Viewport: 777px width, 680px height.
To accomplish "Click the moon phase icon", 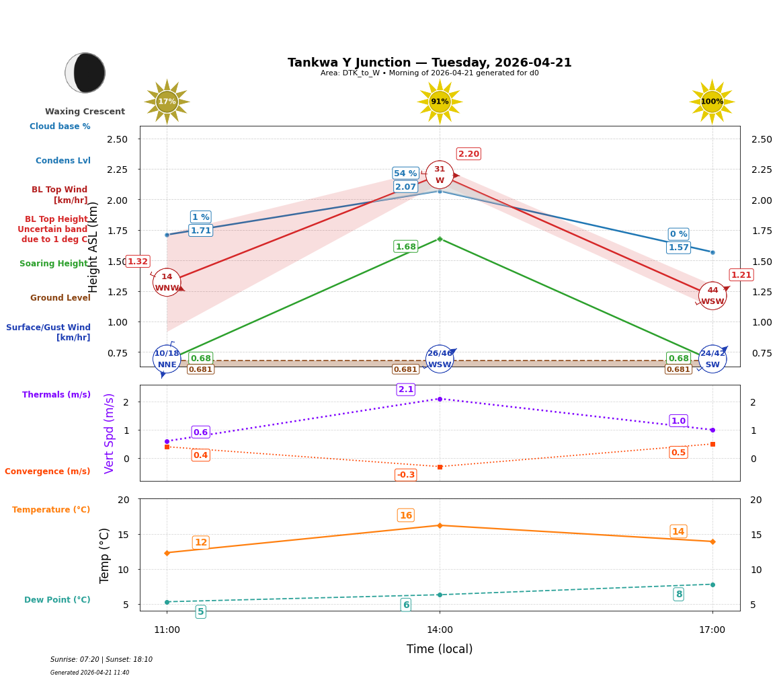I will pos(85,73).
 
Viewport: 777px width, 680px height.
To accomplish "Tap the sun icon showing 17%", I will pos(167,102).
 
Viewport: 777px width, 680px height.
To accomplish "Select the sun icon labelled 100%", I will pos(712,102).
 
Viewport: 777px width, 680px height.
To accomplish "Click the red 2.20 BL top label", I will pos(468,154).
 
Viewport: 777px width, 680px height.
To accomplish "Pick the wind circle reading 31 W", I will pos(440,175).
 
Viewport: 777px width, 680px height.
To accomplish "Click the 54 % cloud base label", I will pos(405,174).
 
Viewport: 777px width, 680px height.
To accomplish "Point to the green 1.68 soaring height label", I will pos(405,247).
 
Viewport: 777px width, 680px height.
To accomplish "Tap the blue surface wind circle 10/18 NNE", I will pos(167,358).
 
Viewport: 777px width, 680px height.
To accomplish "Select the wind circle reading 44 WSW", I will pos(712,295).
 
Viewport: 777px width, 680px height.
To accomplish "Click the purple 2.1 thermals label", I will pos(406,389).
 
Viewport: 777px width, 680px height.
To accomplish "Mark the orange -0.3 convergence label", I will pos(406,475).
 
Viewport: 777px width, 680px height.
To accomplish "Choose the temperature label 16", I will pos(406,516).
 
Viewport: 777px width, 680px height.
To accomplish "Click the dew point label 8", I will pos(679,594).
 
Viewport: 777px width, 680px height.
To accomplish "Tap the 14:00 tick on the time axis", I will pos(440,630).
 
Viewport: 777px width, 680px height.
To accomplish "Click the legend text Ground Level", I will pos(60,298).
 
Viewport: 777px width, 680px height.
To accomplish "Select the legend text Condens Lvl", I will pos(63,161).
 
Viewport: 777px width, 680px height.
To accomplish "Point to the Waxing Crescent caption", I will pos(85,112).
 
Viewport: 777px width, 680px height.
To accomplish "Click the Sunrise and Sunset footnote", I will pos(101,660).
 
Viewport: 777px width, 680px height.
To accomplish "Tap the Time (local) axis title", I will pos(440,649).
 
